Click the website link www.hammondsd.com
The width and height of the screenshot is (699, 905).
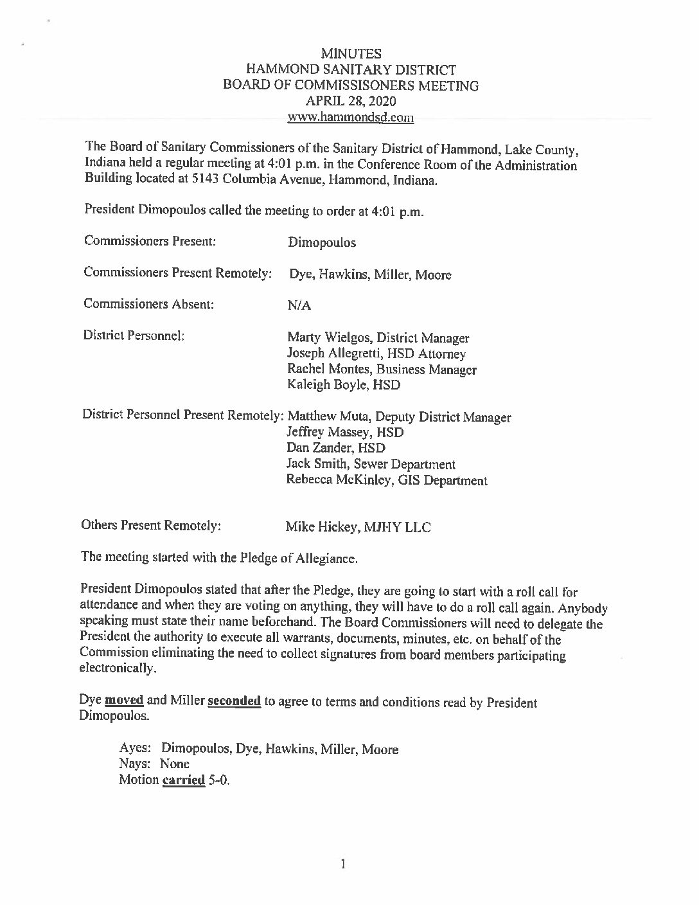coord(350,118)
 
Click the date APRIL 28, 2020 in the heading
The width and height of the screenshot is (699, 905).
coord(350,102)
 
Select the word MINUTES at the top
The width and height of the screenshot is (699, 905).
coord(350,54)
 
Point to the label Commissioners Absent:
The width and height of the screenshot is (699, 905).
coord(148,304)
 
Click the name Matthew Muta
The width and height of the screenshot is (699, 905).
coord(325,417)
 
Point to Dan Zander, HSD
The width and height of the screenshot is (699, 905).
coord(335,449)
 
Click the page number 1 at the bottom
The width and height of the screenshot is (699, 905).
coord(344,864)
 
